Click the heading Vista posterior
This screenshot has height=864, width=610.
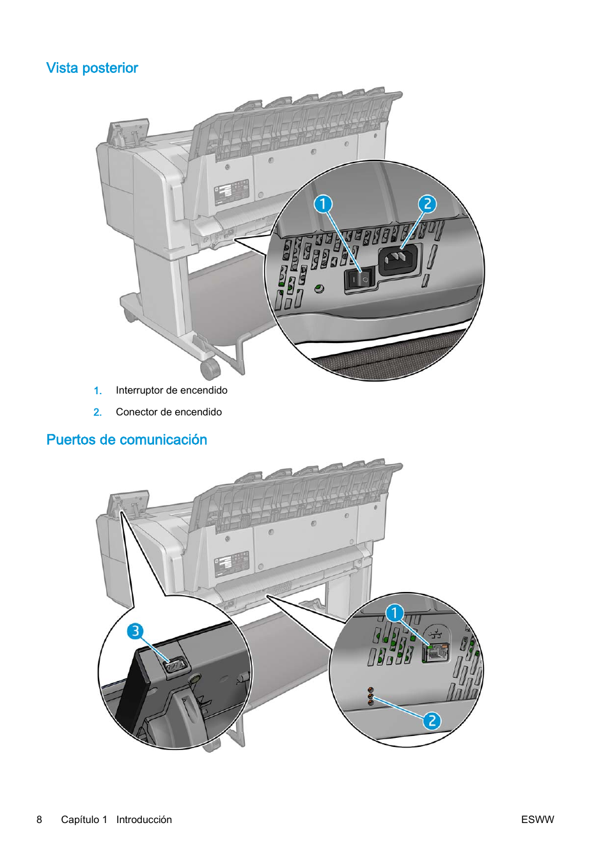click(x=92, y=68)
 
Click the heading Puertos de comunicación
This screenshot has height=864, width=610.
click(x=127, y=440)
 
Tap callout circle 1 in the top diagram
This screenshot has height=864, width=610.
click(x=323, y=204)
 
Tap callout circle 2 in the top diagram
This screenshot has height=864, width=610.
click(x=427, y=204)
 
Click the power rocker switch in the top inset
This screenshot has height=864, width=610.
click(x=359, y=279)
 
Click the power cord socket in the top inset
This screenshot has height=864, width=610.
click(x=398, y=259)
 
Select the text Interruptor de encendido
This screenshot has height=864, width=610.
click(x=171, y=390)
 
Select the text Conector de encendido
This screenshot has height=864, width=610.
click(x=169, y=412)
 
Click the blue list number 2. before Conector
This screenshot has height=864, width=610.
click(x=97, y=412)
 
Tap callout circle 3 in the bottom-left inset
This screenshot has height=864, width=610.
click(x=135, y=632)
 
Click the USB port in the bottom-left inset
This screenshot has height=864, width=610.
click(x=175, y=666)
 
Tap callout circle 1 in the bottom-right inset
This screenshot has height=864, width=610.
click(x=395, y=613)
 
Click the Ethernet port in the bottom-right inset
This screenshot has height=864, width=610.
click(x=437, y=652)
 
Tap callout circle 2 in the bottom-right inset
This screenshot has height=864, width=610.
click(x=432, y=721)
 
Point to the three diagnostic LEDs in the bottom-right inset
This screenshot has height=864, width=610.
click(x=370, y=696)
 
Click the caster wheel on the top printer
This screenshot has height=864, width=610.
click(x=210, y=369)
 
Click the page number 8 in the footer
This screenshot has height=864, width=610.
click(x=40, y=820)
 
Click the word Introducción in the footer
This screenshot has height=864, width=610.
click(x=144, y=820)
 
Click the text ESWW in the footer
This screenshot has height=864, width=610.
click(x=537, y=820)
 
